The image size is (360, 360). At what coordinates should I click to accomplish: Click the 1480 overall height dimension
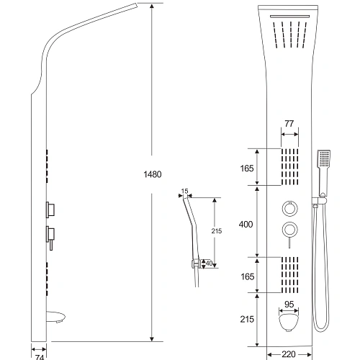(x=153, y=174)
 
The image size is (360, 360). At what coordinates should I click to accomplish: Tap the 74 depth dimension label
(x=39, y=357)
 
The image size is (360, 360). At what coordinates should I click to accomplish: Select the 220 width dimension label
(x=289, y=354)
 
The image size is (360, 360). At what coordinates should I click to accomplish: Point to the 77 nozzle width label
(x=289, y=124)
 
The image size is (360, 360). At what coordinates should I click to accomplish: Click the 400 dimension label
(x=246, y=225)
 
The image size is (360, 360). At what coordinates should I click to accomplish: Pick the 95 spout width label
(x=289, y=305)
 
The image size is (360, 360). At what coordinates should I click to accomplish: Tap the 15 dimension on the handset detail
(x=184, y=191)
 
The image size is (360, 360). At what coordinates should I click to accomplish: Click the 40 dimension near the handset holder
(x=209, y=264)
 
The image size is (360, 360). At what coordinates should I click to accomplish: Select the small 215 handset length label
(x=217, y=231)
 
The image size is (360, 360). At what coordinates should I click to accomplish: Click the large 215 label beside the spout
(x=247, y=319)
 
